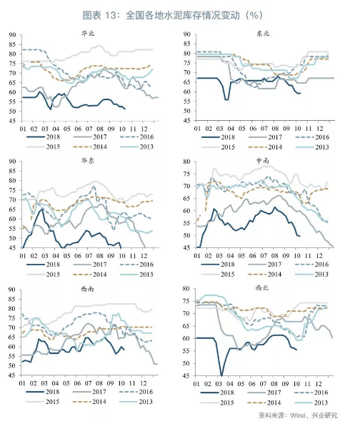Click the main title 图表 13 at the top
point(172,15)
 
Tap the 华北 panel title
point(88,34)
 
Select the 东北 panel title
point(263,34)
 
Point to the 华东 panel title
point(88,161)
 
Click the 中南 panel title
point(263,161)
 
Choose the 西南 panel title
point(87,289)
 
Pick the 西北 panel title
point(262,287)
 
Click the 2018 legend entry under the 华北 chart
point(43,137)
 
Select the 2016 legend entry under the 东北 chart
point(312,137)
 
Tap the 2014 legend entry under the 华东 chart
point(90,275)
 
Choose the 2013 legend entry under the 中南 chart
point(311,275)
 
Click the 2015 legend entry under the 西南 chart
point(43,402)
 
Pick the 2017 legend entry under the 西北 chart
point(264,393)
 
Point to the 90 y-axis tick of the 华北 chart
point(12,35)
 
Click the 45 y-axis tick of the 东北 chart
point(187,121)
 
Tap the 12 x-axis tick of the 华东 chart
point(144,255)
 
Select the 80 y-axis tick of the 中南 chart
point(186,162)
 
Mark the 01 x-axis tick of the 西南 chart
point(22,383)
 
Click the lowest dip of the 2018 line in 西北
point(221,375)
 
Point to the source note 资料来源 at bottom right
point(298,415)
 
